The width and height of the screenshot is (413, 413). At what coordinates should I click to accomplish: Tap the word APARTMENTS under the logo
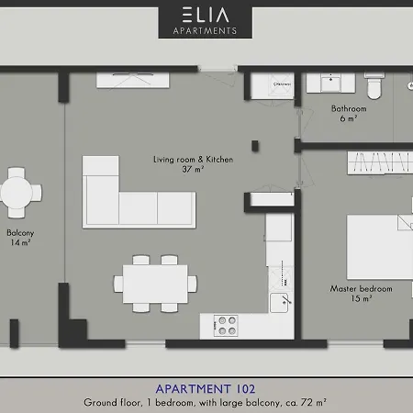pos(206,30)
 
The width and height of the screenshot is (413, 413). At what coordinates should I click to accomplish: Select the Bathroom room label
pos(349,108)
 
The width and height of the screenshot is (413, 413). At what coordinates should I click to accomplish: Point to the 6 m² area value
pos(349,118)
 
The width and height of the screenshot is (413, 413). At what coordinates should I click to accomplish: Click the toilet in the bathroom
pos(373,87)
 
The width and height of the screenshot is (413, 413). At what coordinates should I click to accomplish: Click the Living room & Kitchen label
pos(193,159)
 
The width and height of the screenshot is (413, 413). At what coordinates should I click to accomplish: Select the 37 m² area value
pos(193,170)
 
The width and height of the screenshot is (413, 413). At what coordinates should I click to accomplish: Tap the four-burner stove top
pos(225,324)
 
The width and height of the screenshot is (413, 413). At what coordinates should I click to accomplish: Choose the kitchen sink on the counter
pos(277,299)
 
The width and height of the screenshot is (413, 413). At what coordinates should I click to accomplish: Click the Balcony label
pos(20,232)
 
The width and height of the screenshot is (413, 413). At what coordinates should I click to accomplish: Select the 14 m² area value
pos(20,243)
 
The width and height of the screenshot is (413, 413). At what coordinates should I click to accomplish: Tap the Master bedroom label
pos(361,288)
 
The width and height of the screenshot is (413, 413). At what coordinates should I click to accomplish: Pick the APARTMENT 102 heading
pos(206,387)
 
